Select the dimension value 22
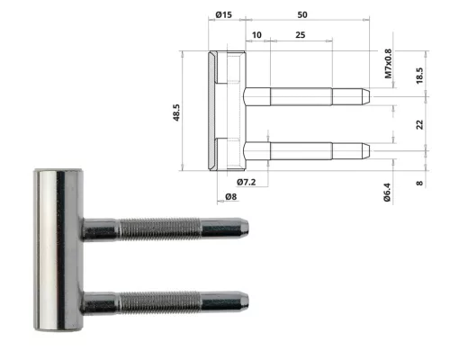[x=419, y=125]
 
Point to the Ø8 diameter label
[x=231, y=197]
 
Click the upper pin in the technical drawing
[x=306, y=94]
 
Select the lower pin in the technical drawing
[x=306, y=149]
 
